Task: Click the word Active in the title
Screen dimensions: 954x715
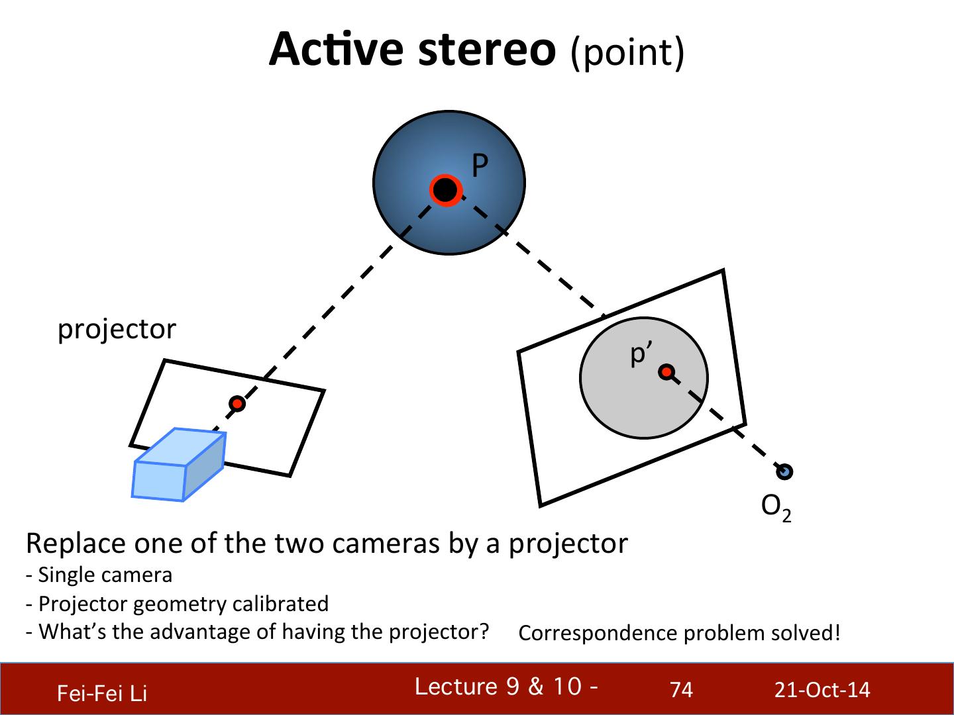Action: tap(336, 50)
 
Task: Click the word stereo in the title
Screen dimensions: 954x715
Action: tap(487, 50)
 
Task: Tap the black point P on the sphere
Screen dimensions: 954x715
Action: tap(445, 190)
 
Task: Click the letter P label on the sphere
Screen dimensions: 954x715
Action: tap(480, 166)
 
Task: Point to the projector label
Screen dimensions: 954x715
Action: tap(117, 329)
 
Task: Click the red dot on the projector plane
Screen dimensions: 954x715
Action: tap(237, 403)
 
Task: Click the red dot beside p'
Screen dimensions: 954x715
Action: tap(666, 372)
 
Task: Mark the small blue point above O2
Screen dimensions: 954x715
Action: tap(785, 471)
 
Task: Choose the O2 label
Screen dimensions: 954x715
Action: tap(776, 507)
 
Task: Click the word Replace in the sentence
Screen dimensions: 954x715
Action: tap(75, 544)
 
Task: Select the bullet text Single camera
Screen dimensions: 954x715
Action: tap(105, 575)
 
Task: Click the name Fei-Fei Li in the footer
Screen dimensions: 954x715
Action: tap(102, 693)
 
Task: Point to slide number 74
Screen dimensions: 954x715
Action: tap(681, 691)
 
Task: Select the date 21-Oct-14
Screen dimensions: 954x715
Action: tap(822, 691)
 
